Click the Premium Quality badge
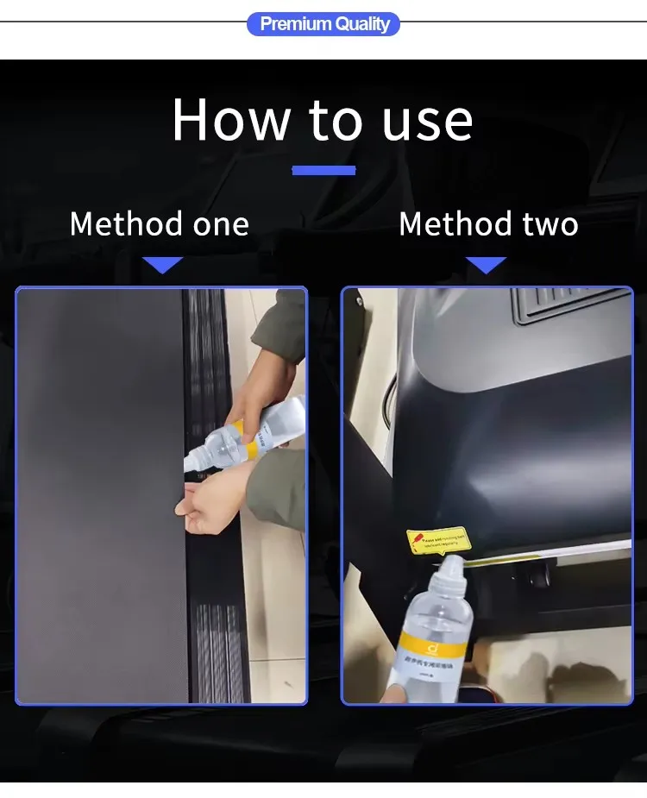click(323, 23)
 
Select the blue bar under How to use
click(323, 170)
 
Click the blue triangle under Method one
click(162, 265)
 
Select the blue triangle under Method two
click(486, 265)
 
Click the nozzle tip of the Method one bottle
click(188, 465)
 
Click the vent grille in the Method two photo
click(569, 303)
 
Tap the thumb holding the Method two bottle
click(393, 693)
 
